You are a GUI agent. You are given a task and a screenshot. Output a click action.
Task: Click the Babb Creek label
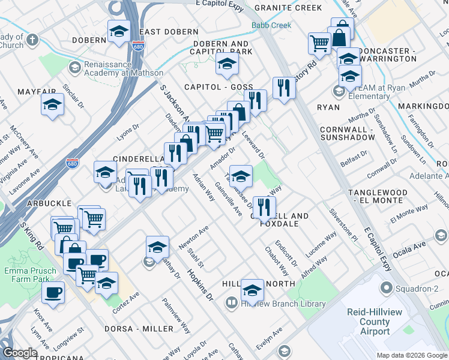[x=271, y=25]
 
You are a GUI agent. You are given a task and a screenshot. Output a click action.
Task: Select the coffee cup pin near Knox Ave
[x=52, y=293]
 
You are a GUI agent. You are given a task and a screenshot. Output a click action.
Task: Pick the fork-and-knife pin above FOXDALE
[x=264, y=207]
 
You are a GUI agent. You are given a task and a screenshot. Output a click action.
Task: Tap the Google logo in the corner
[x=20, y=353]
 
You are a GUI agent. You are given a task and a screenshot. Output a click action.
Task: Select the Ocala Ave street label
[x=409, y=246]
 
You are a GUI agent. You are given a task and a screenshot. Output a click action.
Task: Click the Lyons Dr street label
[x=127, y=131]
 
